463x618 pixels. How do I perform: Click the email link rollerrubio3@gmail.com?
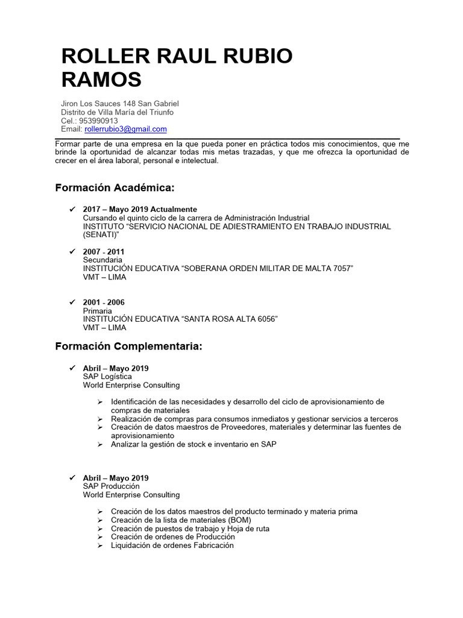[x=125, y=129]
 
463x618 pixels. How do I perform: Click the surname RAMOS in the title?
[x=101, y=79]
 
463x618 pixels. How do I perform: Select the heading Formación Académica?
[x=115, y=188]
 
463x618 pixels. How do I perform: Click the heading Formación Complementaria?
[x=128, y=346]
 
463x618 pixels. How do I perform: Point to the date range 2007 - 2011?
[x=104, y=251]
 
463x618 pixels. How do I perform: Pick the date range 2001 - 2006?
[x=104, y=302]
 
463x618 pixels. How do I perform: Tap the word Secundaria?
[x=102, y=260]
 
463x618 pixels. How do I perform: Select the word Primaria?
[x=98, y=311]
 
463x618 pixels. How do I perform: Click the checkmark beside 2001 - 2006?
[x=72, y=302]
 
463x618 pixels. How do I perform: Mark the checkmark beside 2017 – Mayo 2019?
[x=72, y=209]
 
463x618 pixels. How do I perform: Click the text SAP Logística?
[x=107, y=377]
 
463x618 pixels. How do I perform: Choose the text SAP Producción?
[x=111, y=486]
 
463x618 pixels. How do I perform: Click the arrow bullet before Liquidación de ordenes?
[x=100, y=545]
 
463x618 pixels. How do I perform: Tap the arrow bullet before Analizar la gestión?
[x=100, y=444]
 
